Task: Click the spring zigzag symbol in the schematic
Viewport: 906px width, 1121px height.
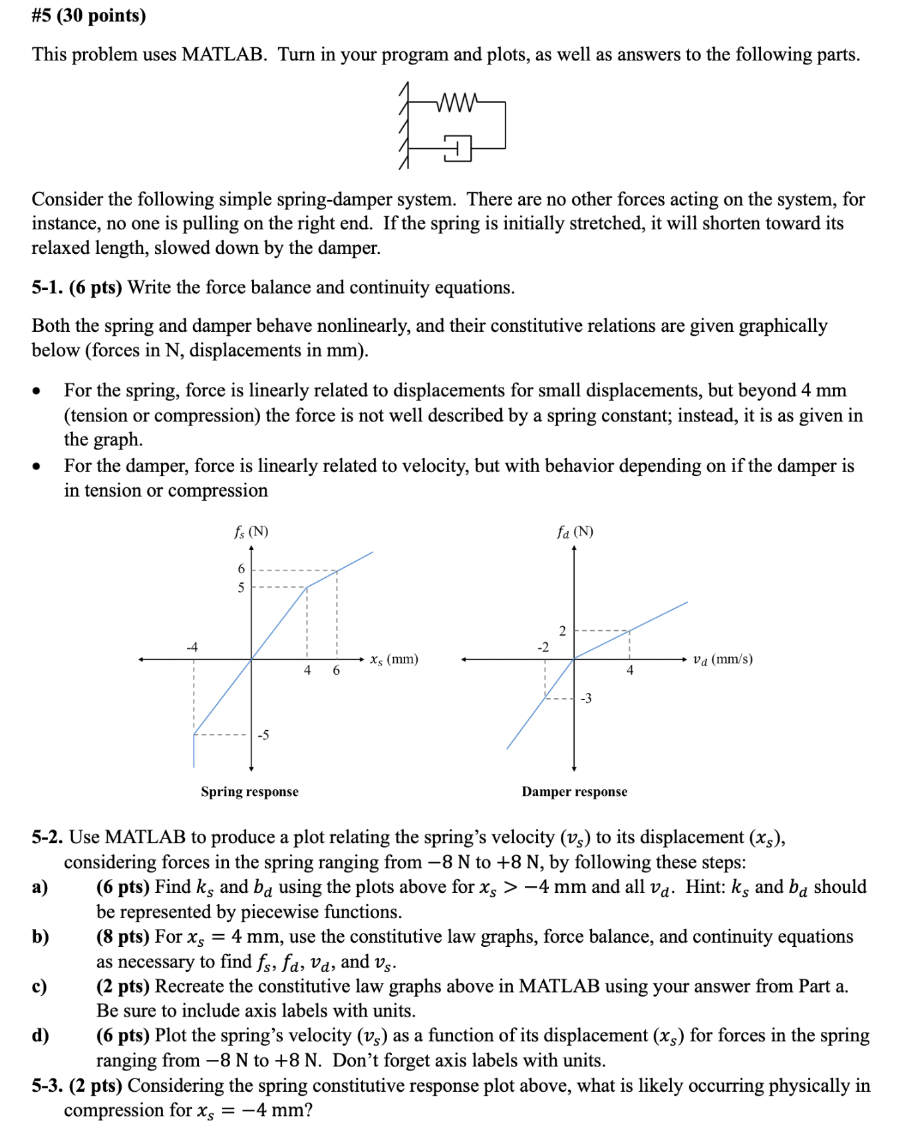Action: pos(456,103)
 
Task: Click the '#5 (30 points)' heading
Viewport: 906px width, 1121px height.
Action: pos(88,15)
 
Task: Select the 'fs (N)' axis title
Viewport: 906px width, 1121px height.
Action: pos(251,532)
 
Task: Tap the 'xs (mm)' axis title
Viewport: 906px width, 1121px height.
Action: pos(394,660)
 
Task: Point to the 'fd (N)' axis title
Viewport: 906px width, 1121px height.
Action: pos(575,532)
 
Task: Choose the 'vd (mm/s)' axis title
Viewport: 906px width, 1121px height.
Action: pos(722,660)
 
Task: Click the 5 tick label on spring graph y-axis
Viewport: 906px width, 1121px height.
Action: pos(241,588)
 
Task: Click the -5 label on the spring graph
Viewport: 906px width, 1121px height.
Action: pos(263,735)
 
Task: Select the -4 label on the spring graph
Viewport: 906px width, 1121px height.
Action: pos(192,647)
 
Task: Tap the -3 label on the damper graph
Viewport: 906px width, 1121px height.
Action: pos(585,698)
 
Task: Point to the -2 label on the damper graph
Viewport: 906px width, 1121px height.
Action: pos(543,647)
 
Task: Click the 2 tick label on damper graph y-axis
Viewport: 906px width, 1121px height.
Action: pos(562,631)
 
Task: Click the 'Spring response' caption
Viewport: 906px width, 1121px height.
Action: pos(249,791)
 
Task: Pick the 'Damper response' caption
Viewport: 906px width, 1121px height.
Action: pos(574,791)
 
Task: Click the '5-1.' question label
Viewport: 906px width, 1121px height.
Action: pos(47,287)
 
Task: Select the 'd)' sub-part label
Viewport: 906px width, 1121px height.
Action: pos(41,1035)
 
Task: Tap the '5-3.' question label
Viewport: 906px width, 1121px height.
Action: pos(47,1085)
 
